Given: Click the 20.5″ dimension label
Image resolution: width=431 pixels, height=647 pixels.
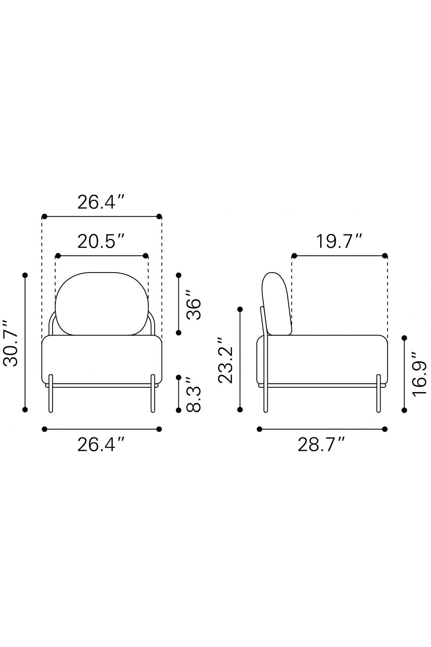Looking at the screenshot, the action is (101, 242).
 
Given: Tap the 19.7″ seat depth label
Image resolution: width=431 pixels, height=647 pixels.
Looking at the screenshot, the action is (339, 242).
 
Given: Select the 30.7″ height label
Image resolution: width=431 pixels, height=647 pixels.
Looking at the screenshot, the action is (10, 342).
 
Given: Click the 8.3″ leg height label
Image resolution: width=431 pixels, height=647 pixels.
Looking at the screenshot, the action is (193, 394).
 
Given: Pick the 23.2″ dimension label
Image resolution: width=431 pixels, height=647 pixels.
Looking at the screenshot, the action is (225, 360).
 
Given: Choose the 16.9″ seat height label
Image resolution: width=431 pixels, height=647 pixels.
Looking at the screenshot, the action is (419, 374).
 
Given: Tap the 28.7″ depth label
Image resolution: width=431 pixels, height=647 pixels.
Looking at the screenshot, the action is (321, 445).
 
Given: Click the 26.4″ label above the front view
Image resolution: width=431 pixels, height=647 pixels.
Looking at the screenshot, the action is (101, 202).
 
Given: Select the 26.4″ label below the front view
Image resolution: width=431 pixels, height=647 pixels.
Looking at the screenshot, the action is (101, 445).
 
